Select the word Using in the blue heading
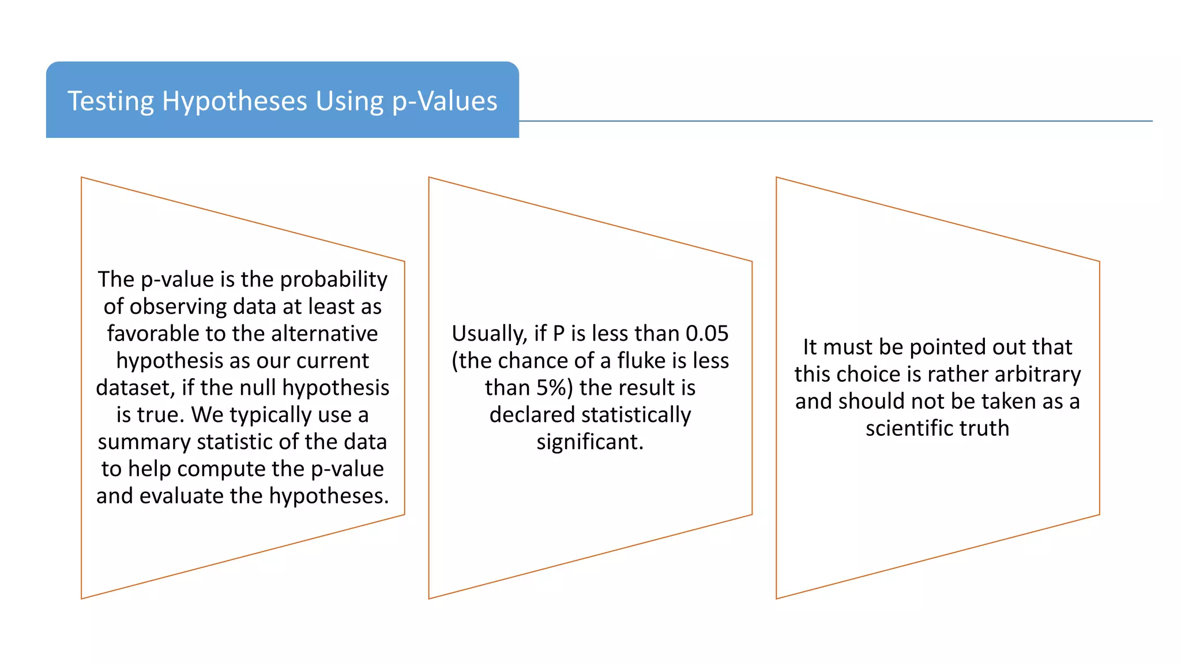349,102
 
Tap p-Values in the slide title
445,102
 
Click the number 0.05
707,334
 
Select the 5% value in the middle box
555,388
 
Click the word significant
590,442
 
